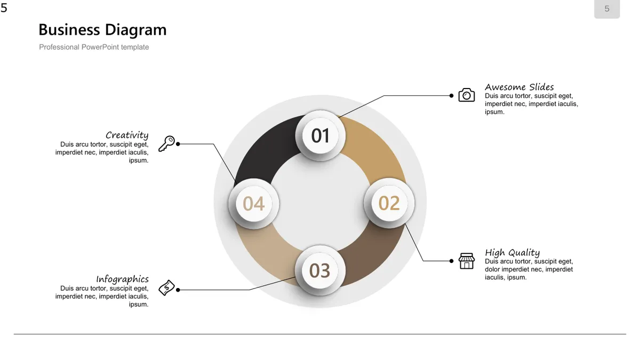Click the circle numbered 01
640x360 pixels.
[321, 135]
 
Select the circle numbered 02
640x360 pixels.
[389, 203]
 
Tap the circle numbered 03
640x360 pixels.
[320, 270]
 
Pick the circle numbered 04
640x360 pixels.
[253, 204]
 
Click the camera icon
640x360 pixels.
[467, 95]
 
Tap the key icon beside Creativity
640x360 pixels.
[167, 143]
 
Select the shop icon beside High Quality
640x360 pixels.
[467, 261]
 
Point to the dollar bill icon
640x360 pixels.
[167, 287]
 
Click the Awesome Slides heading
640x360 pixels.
[519, 87]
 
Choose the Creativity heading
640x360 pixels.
[127, 135]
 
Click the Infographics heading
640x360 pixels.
[122, 279]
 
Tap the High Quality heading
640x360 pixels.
[513, 253]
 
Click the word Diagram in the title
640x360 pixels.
[135, 30]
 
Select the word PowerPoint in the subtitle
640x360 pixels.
[100, 47]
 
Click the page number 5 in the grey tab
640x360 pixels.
[607, 9]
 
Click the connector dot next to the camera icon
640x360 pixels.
[451, 95]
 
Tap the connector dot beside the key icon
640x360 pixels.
[178, 144]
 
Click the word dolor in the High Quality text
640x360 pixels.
[492, 269]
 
